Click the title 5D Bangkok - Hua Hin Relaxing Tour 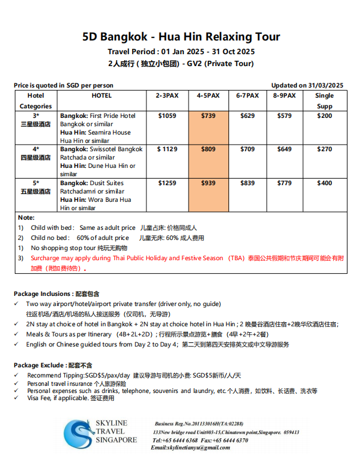click(181, 37)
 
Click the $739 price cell click(208, 116)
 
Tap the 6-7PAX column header click(247, 95)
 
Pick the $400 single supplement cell click(324, 183)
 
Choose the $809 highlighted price click(208, 149)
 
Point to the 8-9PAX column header click(284, 95)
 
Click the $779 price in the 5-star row click(284, 183)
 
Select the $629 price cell click(247, 116)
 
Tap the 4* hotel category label click(36, 149)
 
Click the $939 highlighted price click(208, 183)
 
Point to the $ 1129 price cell click(167, 149)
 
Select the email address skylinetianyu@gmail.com click(190, 447)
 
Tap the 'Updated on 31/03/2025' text click(307, 85)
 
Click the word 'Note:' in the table click(26, 218)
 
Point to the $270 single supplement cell click(324, 149)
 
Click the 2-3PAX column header click(167, 95)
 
